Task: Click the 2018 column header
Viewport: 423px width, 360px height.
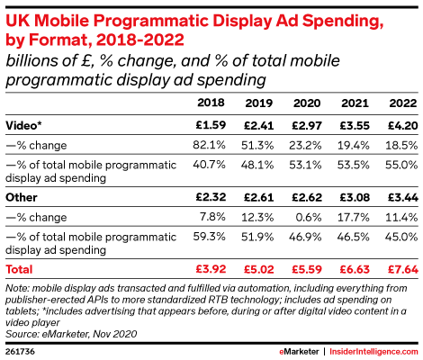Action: click(x=211, y=103)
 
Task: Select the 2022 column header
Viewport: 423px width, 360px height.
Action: click(x=403, y=103)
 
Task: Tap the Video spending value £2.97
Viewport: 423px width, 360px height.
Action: click(x=307, y=125)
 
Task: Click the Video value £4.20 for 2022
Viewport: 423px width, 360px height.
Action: click(x=403, y=125)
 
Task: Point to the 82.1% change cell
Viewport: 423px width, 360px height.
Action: click(x=209, y=145)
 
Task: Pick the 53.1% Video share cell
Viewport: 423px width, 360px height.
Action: click(x=305, y=165)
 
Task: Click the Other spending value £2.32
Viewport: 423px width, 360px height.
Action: click(x=211, y=197)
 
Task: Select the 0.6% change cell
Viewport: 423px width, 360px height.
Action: click(x=309, y=217)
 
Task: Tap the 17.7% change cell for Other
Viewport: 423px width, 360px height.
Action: click(x=354, y=217)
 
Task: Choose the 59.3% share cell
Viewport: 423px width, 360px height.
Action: click(x=209, y=237)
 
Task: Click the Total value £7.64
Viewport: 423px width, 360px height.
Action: click(x=403, y=269)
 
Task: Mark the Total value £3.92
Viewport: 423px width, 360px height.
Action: click(x=211, y=269)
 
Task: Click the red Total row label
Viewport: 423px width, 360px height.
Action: click(x=19, y=269)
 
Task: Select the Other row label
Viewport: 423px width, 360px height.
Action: click(x=22, y=197)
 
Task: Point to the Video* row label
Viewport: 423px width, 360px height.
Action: click(x=23, y=125)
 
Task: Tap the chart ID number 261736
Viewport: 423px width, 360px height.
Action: click(x=20, y=352)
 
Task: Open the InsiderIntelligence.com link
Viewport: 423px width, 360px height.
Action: click(x=373, y=352)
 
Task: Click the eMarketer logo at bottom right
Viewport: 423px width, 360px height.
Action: click(x=299, y=352)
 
